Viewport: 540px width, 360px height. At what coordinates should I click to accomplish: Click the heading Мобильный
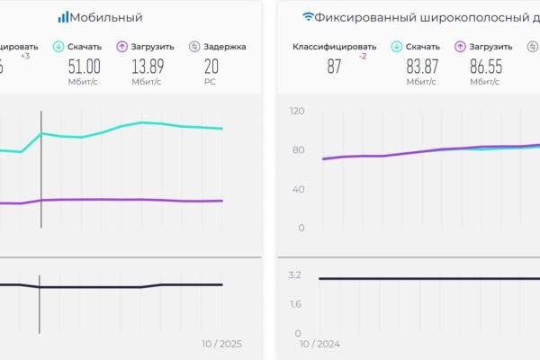point(106,17)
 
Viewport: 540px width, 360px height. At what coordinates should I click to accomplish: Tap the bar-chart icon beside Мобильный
point(63,17)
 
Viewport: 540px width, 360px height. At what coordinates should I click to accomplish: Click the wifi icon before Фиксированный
point(308,17)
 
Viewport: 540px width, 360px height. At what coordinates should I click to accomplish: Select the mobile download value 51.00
point(85,66)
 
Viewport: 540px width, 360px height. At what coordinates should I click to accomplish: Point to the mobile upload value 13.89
point(148,66)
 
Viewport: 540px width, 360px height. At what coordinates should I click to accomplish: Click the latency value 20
point(211,66)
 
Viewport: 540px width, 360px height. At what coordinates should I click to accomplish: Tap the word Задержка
point(224,47)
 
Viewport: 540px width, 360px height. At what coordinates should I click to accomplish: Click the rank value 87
point(334,66)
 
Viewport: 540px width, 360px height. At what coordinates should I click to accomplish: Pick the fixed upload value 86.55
point(485,66)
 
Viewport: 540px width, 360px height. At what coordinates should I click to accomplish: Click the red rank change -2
point(362,56)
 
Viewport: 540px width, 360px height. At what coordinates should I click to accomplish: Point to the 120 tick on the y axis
point(297,111)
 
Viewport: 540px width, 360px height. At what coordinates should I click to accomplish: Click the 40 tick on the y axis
point(300,189)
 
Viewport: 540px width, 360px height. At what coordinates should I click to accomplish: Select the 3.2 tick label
point(295,274)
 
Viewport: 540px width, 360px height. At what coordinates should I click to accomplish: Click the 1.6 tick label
point(296,304)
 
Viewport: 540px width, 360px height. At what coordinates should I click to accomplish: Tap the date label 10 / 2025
point(221,344)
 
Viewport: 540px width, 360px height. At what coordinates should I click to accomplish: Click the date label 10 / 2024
point(320,344)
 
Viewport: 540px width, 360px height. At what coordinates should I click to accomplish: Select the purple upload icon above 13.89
point(122,47)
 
